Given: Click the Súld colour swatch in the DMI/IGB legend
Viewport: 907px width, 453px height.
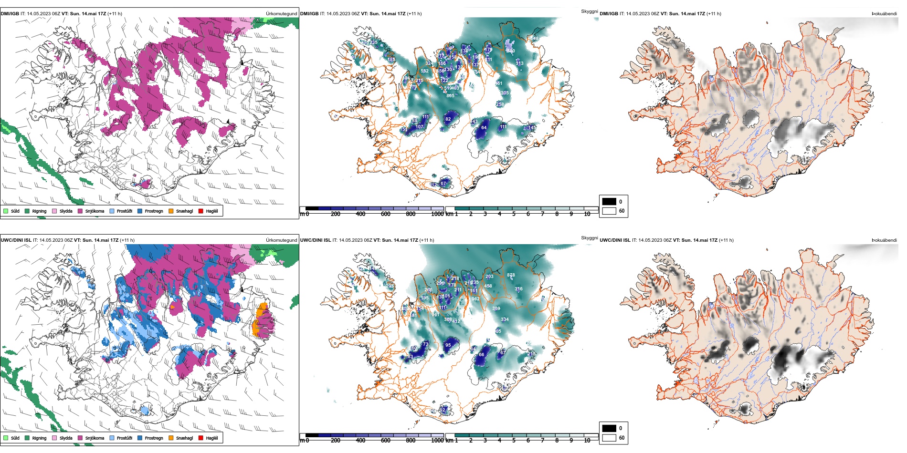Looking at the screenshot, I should pyautogui.click(x=6, y=211).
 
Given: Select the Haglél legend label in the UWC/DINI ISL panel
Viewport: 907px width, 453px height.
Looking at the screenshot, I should pyautogui.click(x=212, y=438).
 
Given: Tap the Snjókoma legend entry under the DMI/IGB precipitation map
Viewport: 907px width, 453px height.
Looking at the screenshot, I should pyautogui.click(x=95, y=211).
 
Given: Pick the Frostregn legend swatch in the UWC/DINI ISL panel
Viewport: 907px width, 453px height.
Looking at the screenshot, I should pyautogui.click(x=140, y=438).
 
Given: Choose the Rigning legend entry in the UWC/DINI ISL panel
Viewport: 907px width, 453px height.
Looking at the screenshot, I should pyautogui.click(x=39, y=438).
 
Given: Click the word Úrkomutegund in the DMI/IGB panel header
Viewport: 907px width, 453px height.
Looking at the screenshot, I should pyautogui.click(x=281, y=14).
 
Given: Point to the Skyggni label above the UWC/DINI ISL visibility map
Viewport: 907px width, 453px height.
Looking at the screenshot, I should pyautogui.click(x=590, y=237).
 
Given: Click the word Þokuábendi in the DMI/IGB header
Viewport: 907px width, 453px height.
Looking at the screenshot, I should pyautogui.click(x=884, y=14).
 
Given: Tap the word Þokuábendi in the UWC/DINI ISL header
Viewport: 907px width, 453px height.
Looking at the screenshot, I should pyautogui.click(x=884, y=240).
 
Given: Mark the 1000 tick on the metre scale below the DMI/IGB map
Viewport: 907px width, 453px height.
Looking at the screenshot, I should pyautogui.click(x=437, y=214).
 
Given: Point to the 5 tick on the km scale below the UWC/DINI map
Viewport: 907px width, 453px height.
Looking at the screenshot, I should pyautogui.click(x=514, y=441).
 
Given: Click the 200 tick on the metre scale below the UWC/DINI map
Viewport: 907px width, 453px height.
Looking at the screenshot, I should pyautogui.click(x=336, y=441).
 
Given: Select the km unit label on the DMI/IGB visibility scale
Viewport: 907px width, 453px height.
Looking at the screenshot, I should pyautogui.click(x=449, y=214).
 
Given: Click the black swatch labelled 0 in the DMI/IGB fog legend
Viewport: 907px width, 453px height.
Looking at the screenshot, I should pyautogui.click(x=609, y=201).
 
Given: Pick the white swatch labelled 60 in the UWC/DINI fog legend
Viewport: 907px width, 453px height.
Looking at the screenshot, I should pyautogui.click(x=609, y=437).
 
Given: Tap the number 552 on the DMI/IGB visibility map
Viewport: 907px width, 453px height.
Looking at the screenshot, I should pyautogui.click(x=424, y=71).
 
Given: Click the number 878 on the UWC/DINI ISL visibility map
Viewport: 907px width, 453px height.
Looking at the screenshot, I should pyautogui.click(x=511, y=275).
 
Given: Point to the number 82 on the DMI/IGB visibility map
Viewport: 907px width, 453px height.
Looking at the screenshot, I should pyautogui.click(x=448, y=119).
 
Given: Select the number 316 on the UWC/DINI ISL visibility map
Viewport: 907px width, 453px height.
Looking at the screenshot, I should pyautogui.click(x=518, y=289).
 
